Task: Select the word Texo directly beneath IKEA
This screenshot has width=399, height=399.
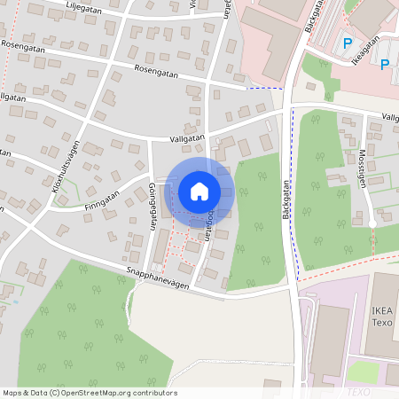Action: [382, 323]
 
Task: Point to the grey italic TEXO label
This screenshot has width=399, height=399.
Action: [358, 391]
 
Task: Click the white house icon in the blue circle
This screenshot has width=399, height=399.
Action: [199, 191]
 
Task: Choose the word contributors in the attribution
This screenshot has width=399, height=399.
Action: [153, 393]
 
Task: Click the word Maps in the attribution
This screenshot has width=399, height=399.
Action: [13, 393]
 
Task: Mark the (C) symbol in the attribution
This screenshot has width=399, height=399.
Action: [54, 393]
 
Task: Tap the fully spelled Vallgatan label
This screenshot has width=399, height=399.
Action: [188, 138]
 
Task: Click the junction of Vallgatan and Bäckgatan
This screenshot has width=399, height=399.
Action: [289, 110]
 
